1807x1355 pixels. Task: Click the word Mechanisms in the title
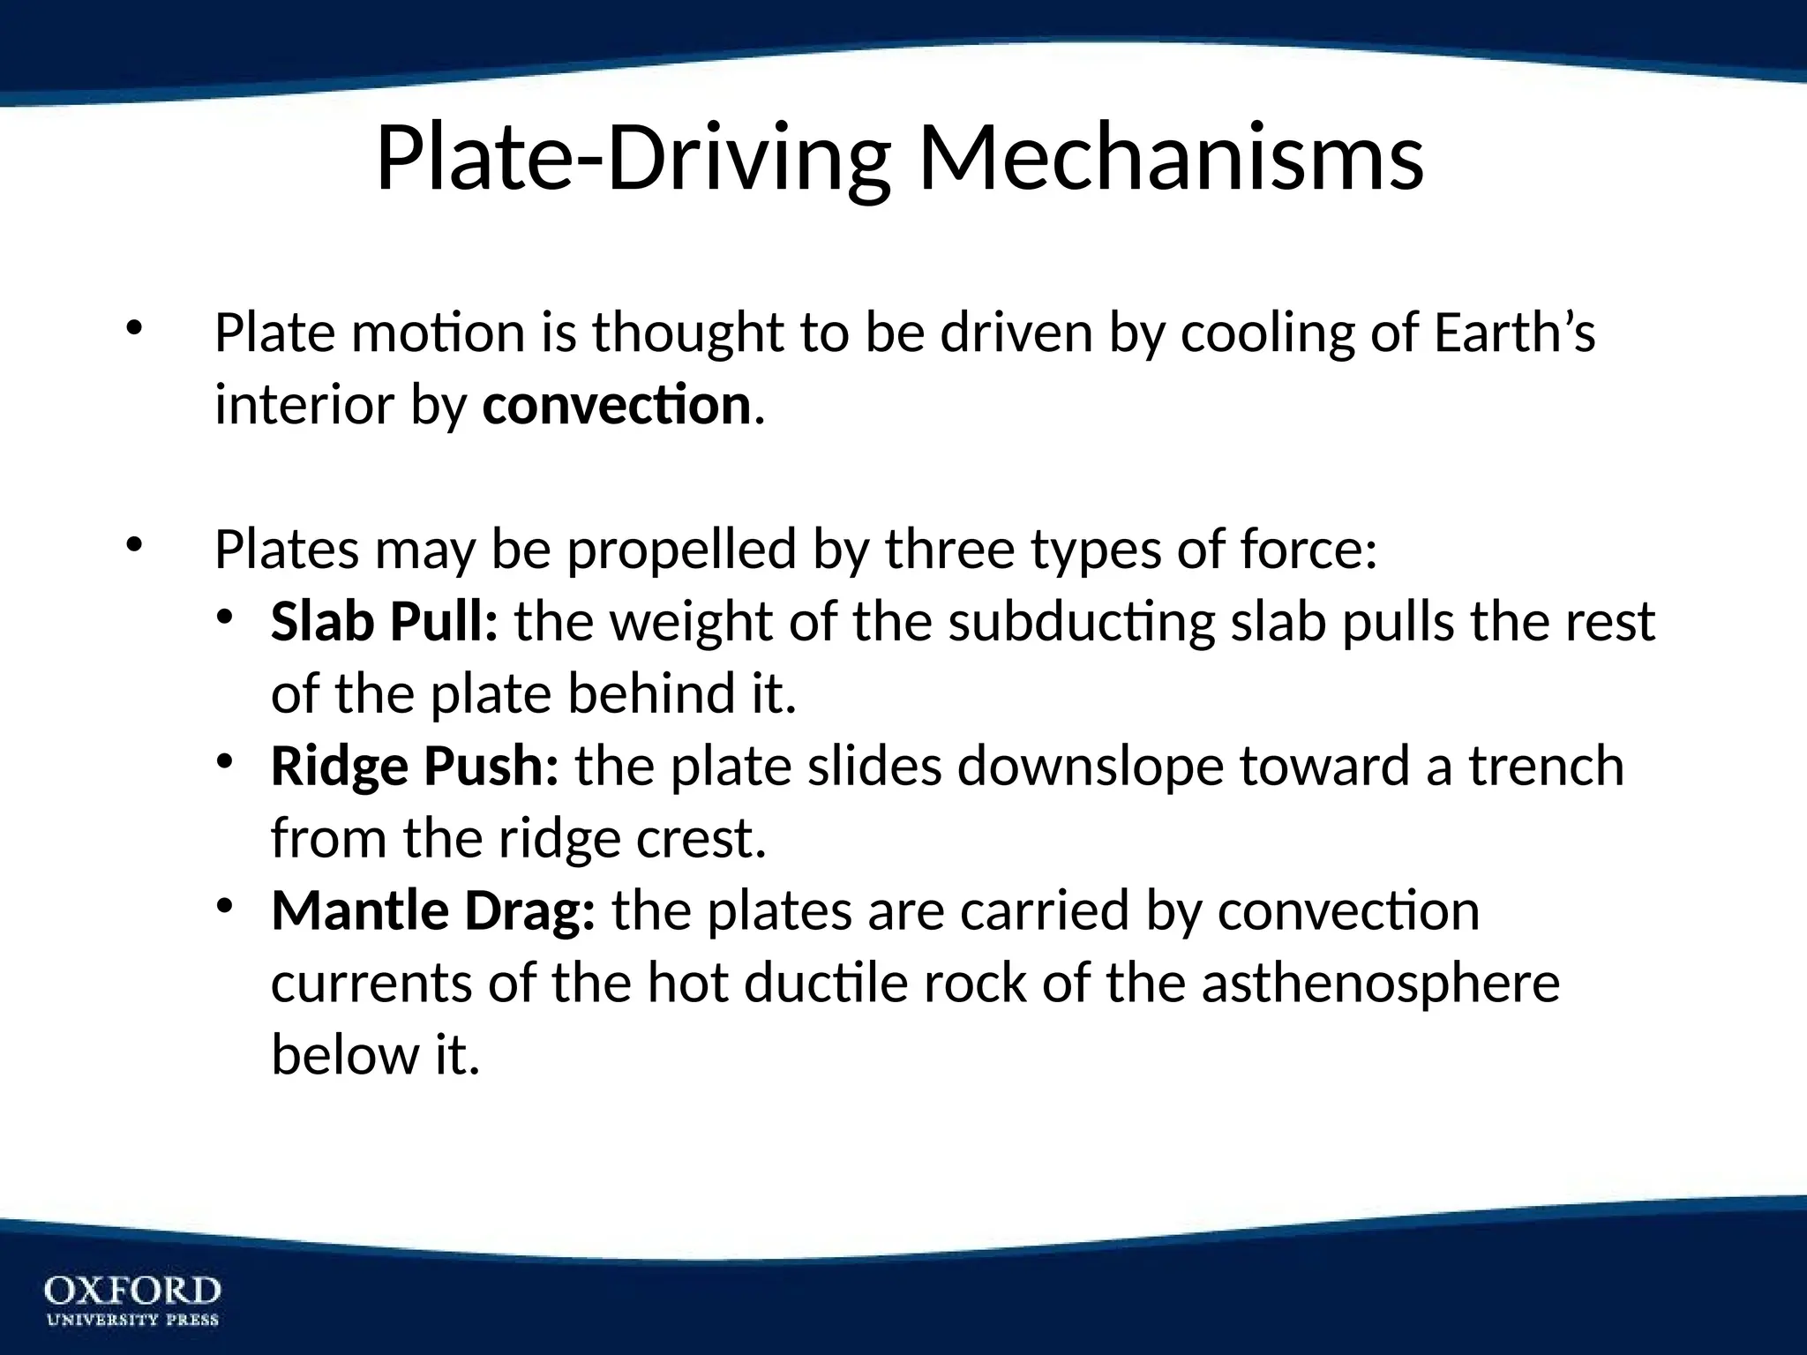tap(1171, 159)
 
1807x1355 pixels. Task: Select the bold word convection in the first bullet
tap(616, 405)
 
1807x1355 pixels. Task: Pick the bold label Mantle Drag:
tap(433, 910)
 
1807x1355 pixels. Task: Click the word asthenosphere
tap(1380, 983)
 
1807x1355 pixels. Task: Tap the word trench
tap(1546, 766)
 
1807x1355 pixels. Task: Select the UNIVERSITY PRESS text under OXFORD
tap(132, 1321)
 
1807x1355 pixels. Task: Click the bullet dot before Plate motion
tap(133, 329)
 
